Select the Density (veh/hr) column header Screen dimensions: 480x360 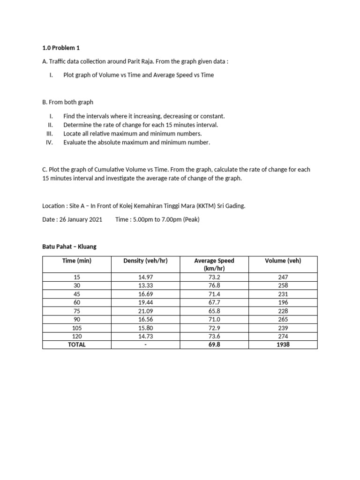pyautogui.click(x=145, y=261)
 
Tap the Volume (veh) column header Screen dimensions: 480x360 pyautogui.click(x=283, y=261)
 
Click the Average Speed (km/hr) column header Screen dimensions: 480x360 pyautogui.click(x=214, y=264)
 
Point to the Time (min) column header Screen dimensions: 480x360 pyautogui.click(x=77, y=261)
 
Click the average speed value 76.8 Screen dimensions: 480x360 pyautogui.click(x=214, y=285)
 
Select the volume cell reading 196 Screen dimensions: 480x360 pyautogui.click(x=283, y=302)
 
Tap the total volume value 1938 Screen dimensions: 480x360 pyautogui.click(x=283, y=345)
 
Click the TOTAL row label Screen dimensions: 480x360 pyautogui.click(x=77, y=345)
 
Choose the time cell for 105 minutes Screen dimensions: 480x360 pyautogui.click(x=77, y=328)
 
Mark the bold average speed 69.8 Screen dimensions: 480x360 pyautogui.click(x=214, y=345)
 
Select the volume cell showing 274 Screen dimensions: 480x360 pyautogui.click(x=283, y=336)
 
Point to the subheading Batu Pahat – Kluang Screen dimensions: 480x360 pyautogui.click(x=69, y=246)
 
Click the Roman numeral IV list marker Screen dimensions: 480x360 pyautogui.click(x=49, y=142)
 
